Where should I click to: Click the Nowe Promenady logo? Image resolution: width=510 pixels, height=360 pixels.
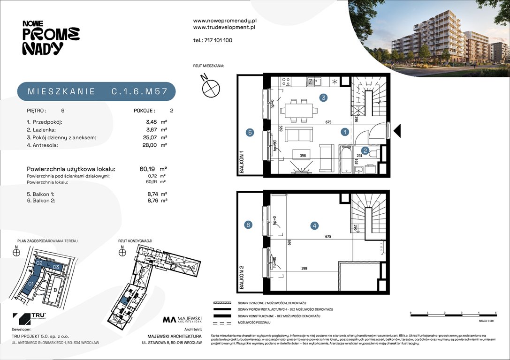point(51,37)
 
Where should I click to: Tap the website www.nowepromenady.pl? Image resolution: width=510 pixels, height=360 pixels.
point(224,21)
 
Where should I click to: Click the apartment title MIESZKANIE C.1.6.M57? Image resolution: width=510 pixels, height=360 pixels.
point(97,92)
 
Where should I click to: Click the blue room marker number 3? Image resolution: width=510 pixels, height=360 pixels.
point(323,98)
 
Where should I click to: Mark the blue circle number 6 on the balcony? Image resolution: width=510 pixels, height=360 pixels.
point(249,225)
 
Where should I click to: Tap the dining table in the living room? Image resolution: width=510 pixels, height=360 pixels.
point(298,110)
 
